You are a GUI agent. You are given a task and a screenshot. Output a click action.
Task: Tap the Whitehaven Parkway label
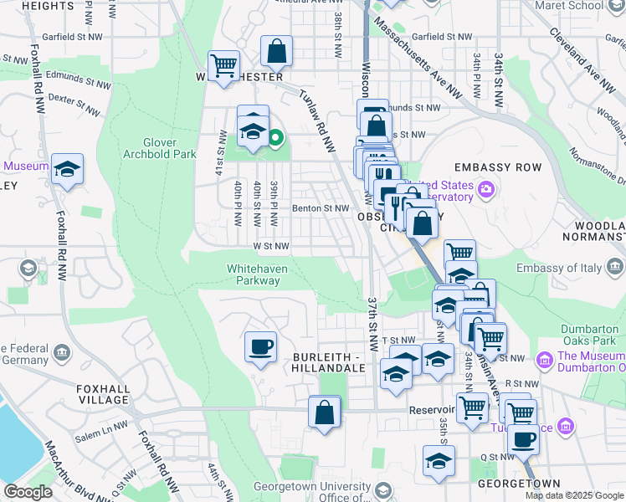254,274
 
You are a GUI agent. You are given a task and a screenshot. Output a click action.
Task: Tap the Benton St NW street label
320,208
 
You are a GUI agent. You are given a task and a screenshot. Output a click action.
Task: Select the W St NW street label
271,246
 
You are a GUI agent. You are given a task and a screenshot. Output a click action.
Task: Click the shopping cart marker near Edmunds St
223,65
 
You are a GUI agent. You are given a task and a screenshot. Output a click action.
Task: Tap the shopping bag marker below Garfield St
276,51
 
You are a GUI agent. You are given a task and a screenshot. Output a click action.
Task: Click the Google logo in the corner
28,492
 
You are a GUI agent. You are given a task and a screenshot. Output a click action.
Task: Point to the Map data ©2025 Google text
574,495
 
